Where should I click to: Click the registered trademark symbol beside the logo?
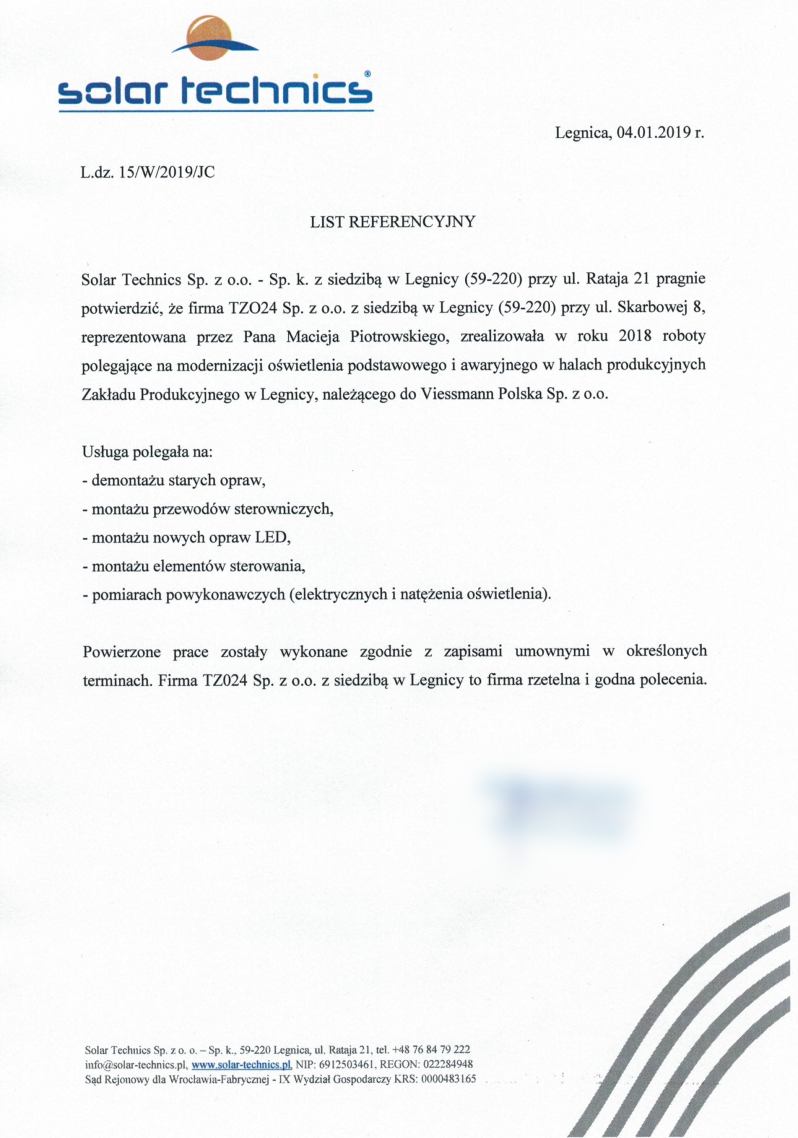[368, 74]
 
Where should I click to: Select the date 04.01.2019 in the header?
[654, 132]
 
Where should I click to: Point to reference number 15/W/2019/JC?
[167, 172]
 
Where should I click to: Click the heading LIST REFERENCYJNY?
[392, 222]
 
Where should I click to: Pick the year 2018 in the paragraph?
[634, 336]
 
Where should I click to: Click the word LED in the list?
[272, 538]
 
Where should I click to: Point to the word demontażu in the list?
[127, 480]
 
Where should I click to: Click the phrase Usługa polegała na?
[147, 452]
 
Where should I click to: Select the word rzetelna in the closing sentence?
[553, 680]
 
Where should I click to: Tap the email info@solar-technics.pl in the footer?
[136, 1065]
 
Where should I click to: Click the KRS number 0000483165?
[448, 1079]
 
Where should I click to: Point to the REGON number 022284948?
[448, 1065]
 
